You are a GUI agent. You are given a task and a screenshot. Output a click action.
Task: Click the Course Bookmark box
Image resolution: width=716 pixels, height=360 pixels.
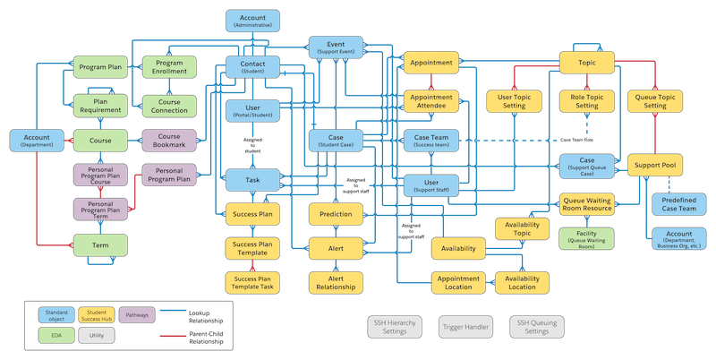[168, 141]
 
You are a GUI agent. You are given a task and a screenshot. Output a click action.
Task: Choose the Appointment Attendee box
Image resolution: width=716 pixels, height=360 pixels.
[432, 101]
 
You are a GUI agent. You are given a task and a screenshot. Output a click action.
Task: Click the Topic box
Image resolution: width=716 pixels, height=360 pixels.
[586, 63]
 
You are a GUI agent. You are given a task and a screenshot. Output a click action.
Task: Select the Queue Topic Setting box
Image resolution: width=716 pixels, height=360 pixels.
[655, 101]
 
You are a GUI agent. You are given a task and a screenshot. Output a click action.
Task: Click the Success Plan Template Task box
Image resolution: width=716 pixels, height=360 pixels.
[252, 282]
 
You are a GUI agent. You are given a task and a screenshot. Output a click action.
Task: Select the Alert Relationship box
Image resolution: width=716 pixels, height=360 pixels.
[336, 282]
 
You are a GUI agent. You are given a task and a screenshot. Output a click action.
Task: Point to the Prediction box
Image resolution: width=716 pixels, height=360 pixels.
[336, 214]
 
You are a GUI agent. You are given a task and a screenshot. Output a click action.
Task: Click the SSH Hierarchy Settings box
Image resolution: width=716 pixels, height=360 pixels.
[394, 327]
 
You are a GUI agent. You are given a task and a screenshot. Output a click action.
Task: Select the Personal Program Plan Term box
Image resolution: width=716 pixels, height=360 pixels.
[100, 209]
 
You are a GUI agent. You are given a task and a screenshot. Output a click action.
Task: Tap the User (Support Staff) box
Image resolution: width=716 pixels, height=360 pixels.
[432, 184]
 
